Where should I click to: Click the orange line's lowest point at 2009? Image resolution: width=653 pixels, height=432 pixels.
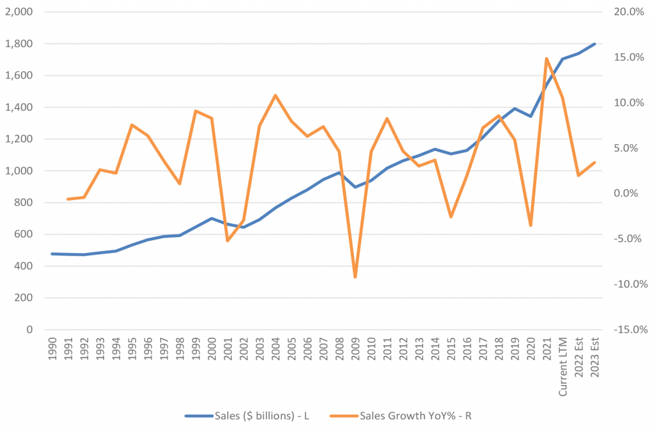tap(355, 277)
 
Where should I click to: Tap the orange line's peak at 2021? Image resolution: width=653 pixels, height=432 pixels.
tap(547, 59)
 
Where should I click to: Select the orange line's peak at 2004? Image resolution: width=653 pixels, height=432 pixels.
tap(275, 96)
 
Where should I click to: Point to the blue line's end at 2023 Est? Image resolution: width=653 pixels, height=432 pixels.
tap(594, 44)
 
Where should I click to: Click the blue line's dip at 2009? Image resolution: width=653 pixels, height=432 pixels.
tap(355, 187)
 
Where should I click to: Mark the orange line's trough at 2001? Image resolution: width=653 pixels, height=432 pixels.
tap(228, 240)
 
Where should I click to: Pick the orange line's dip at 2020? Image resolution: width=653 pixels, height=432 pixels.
tap(531, 226)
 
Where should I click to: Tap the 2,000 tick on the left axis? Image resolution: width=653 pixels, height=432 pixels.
tap(20, 12)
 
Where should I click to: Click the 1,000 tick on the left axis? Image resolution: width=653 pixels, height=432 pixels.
tap(20, 171)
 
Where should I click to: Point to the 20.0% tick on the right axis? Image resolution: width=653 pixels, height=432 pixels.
tap(631, 12)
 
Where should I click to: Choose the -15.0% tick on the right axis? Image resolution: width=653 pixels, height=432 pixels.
tap(631, 329)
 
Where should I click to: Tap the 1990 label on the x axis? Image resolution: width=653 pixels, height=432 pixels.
tap(53, 351)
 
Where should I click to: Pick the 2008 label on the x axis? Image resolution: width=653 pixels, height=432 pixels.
tap(339, 351)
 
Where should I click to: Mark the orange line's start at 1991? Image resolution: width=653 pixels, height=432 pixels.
tap(68, 199)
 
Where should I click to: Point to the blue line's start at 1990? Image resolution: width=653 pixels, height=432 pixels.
tap(52, 254)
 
